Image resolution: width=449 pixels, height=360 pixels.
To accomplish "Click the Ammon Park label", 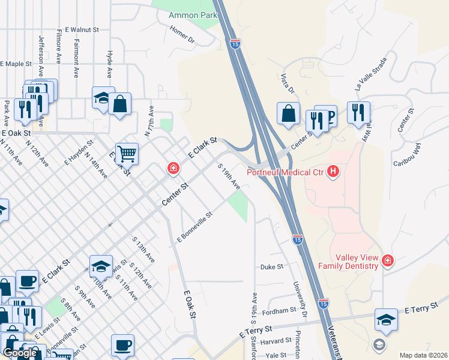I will point(192,14).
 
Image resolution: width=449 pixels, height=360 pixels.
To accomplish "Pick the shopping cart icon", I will point(127,155).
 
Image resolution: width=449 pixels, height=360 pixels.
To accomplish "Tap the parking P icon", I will point(328,116).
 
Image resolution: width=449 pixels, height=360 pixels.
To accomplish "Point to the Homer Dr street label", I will point(182,35).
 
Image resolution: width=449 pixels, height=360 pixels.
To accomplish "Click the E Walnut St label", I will point(82,29).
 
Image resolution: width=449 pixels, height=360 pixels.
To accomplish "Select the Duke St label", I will point(271,267).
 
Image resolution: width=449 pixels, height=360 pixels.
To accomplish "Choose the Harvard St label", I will point(276,341).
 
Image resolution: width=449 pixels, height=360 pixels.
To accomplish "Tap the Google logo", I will point(20,353).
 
